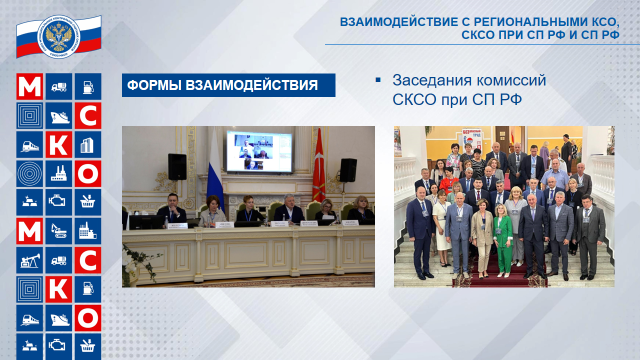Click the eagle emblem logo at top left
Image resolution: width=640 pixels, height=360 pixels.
click(x=59, y=33)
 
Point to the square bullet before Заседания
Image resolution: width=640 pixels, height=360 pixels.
click(x=378, y=80)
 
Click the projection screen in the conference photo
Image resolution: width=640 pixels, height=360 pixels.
click(x=259, y=152)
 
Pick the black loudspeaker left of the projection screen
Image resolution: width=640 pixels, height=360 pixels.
click(x=177, y=167)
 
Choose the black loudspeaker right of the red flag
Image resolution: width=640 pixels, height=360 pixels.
click(x=348, y=170)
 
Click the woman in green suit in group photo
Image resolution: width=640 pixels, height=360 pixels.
click(x=503, y=236)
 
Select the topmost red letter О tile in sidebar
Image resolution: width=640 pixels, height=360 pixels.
click(x=88, y=174)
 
